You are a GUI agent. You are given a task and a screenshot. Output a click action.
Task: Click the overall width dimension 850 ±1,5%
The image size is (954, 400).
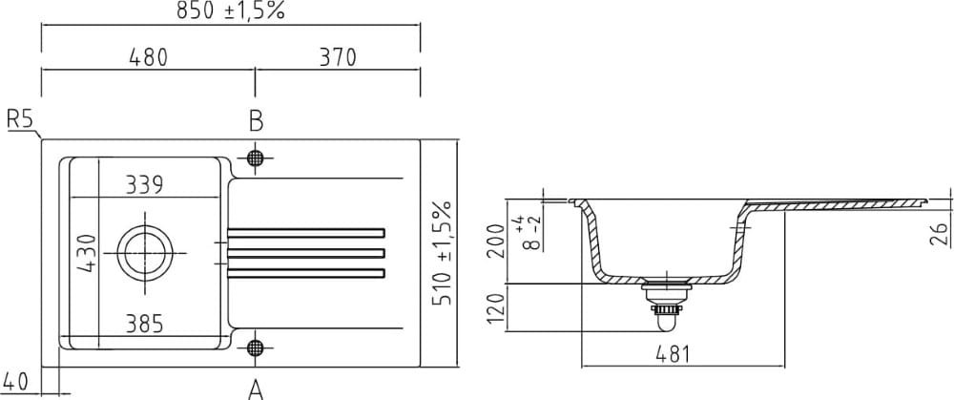[230, 12]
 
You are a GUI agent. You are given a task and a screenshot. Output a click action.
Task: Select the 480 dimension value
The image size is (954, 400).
[147, 57]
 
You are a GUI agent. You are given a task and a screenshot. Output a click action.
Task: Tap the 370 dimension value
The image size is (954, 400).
[337, 57]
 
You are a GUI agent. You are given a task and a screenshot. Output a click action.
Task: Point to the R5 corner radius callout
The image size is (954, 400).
[20, 119]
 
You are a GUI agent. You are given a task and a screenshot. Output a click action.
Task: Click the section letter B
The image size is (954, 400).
[256, 120]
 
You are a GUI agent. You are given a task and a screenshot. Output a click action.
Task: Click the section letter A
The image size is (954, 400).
[256, 388]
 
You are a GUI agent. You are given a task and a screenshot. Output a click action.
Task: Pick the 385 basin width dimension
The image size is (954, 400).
[144, 325]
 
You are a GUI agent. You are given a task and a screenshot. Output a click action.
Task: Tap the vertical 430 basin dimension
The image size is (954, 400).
[87, 254]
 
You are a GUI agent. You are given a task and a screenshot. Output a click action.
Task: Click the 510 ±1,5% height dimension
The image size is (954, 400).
[441, 253]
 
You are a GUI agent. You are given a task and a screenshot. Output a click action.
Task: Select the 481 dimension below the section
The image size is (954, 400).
[674, 354]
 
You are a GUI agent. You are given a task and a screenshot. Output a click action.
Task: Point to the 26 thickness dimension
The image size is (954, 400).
[938, 233]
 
